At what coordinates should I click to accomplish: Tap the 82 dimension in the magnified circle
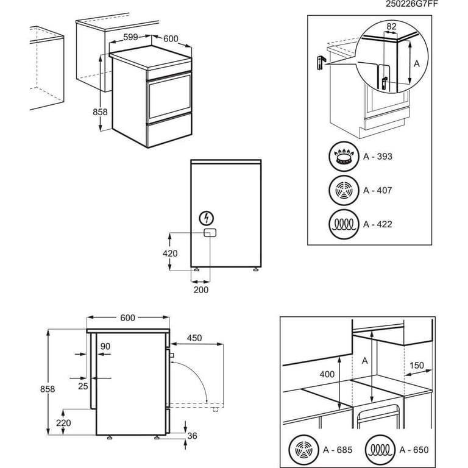point(391,26)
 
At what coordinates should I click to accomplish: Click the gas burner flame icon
point(344,157)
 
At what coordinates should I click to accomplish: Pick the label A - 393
point(378,157)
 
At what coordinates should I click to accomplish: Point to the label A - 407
point(378,191)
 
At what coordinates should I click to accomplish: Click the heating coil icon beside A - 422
point(344,224)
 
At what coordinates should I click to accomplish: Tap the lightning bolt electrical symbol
point(208,218)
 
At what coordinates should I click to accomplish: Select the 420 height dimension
point(170,253)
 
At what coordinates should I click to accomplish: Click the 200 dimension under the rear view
point(200,289)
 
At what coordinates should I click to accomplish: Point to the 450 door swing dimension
point(194,338)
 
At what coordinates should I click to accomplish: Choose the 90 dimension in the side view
point(105,346)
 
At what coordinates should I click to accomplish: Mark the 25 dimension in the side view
point(83,385)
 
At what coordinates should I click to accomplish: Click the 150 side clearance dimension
point(417,365)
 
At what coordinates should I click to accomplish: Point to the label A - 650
point(414,450)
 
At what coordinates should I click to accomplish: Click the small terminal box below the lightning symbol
point(208,233)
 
